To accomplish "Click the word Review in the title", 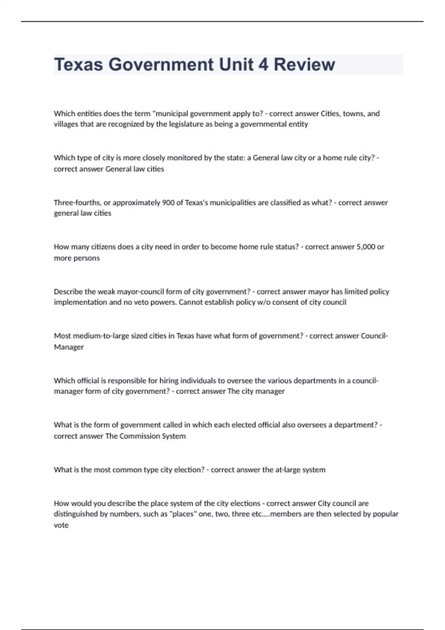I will (x=304, y=64).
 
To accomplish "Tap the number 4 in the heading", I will (x=263, y=64).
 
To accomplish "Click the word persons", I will (x=77, y=258).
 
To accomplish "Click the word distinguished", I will (x=76, y=514).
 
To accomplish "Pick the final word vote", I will (x=61, y=525).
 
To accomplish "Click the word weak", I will (x=106, y=292).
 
